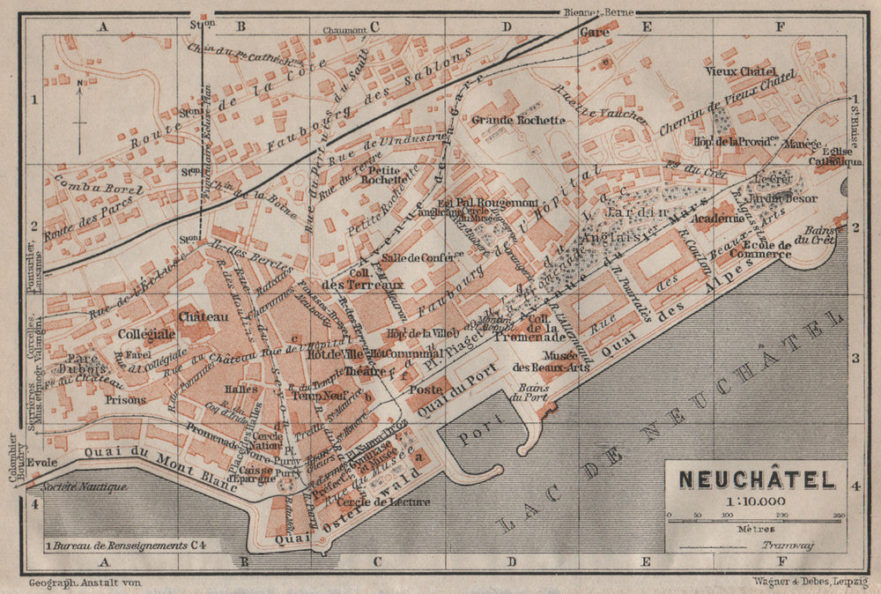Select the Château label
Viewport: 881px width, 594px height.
click(x=203, y=316)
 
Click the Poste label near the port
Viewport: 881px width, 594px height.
click(x=426, y=390)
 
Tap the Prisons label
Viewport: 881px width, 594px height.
click(x=125, y=399)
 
